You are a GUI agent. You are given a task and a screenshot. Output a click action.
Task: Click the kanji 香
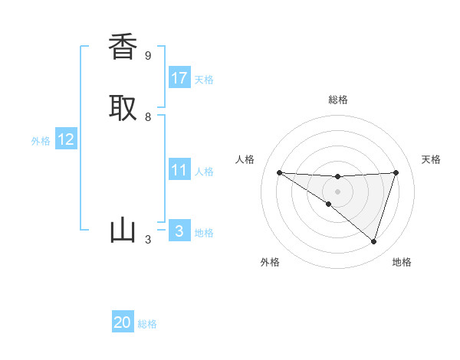coord(123,47)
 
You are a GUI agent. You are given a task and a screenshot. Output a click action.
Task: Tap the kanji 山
coord(123,231)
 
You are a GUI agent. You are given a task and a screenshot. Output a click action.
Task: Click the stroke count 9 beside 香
coord(148,55)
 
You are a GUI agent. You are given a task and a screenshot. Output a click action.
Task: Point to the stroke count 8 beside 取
coord(148,117)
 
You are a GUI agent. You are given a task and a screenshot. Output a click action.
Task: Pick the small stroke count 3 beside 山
coord(148,240)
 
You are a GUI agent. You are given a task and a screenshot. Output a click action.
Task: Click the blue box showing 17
coord(179,78)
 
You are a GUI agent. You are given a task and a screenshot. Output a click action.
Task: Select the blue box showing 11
coord(179,170)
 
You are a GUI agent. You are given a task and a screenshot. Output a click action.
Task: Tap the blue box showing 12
coord(66,139)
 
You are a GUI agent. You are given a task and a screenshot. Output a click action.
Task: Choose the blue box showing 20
coord(123,322)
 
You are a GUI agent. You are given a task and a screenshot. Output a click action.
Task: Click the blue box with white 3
coord(179,231)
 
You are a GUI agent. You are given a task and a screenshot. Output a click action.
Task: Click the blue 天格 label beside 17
coord(204,80)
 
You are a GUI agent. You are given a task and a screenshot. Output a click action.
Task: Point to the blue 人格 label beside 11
coord(204,172)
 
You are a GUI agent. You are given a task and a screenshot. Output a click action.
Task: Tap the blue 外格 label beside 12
coord(41,141)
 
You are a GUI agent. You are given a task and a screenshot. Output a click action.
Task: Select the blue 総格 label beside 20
coord(147,324)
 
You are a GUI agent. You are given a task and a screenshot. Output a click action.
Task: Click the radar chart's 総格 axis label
coord(337,100)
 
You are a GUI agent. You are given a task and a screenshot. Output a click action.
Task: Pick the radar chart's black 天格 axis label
coord(431,159)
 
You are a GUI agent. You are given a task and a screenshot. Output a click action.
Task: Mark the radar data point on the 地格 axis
coord(373,241)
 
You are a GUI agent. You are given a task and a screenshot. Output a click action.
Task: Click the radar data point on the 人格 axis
coord(279,172)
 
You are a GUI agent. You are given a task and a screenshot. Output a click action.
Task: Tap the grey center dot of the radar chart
coord(337,191)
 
